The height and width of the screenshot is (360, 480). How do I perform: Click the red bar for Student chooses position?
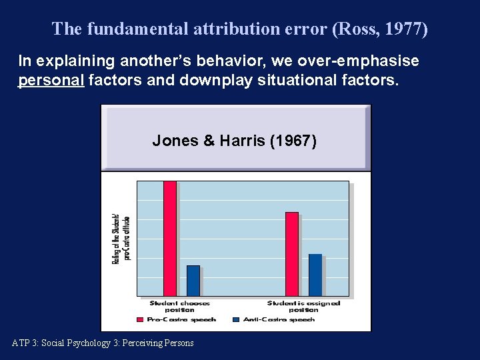[170, 238]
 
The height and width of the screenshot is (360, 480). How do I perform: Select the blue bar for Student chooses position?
[193, 281]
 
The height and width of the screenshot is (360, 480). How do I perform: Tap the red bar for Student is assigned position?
[292, 253]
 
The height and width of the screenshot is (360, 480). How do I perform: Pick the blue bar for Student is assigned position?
[315, 275]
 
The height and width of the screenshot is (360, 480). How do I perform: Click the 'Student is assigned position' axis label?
[303, 307]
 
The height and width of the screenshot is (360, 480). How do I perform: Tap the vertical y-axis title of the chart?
[121, 238]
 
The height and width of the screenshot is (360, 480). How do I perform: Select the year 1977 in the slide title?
[403, 29]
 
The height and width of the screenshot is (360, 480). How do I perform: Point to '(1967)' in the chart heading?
[293, 141]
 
